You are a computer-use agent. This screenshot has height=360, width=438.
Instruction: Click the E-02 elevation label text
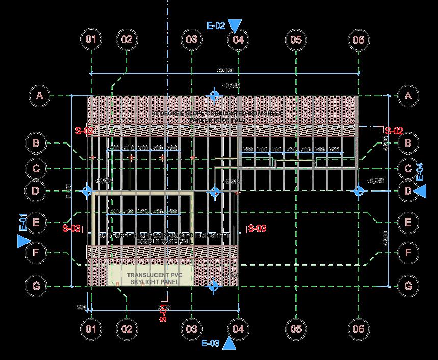pos(216,26)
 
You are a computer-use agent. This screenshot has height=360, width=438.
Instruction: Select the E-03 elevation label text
pos(211,343)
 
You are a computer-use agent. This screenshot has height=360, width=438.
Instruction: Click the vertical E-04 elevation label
pos(419,171)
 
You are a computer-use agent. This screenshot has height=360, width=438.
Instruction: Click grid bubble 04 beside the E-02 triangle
pos(238,39)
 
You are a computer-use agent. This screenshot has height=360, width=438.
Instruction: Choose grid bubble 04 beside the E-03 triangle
pos(238,329)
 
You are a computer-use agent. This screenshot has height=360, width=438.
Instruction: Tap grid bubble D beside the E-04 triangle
pos(407,191)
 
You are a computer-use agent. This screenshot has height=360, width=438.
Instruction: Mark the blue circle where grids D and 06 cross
pos(359,191)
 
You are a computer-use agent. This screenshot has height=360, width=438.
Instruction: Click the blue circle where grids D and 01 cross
pos(87,191)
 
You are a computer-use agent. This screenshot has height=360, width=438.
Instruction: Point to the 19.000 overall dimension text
pos(225,70)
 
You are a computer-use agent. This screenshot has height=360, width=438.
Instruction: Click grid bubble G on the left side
pos(36,286)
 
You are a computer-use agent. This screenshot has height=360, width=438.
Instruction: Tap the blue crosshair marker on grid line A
pos(215,95)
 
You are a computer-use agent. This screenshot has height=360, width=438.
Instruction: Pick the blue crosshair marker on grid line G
pos(215,286)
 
